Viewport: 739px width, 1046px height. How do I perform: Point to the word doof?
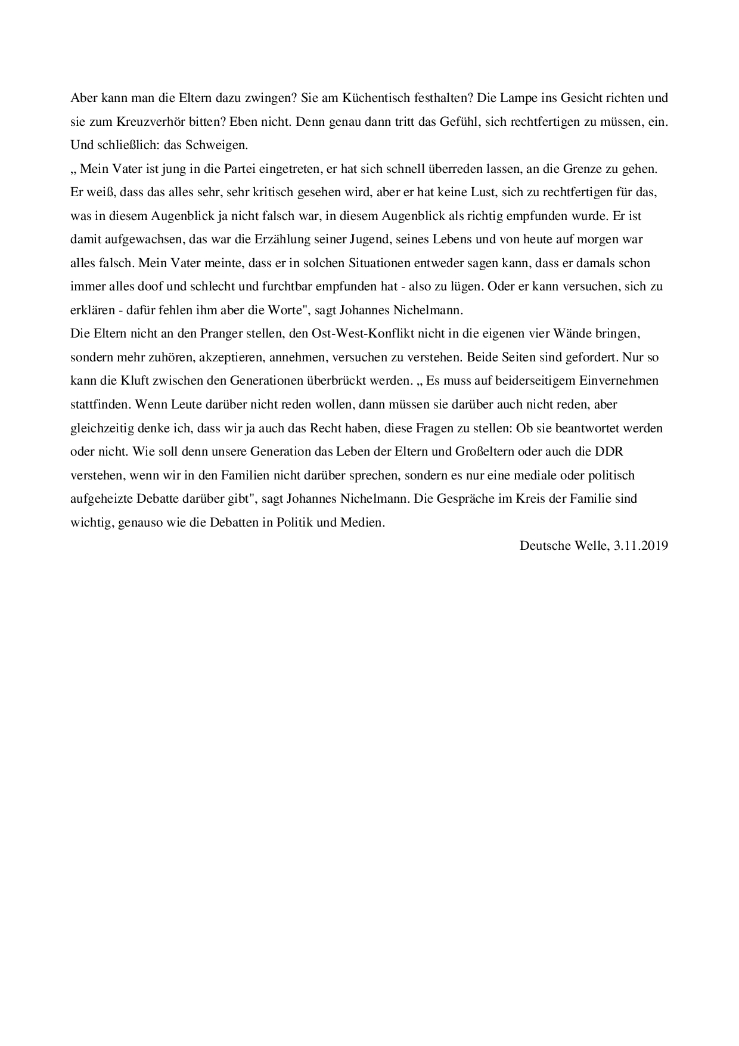point(150,286)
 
